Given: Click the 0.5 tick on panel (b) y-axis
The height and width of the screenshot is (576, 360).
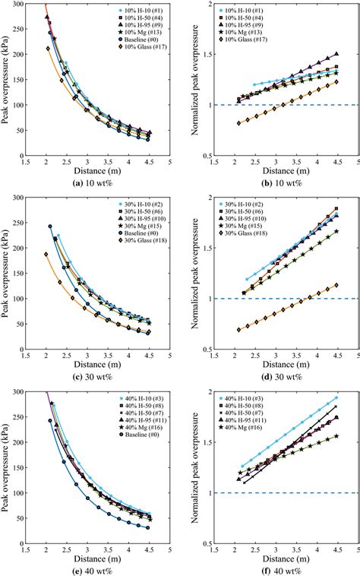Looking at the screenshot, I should pos(207,156).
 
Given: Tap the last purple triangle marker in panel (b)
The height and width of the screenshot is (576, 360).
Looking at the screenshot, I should pos(336,54).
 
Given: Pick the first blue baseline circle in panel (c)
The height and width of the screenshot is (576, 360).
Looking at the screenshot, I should pos(50,226).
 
